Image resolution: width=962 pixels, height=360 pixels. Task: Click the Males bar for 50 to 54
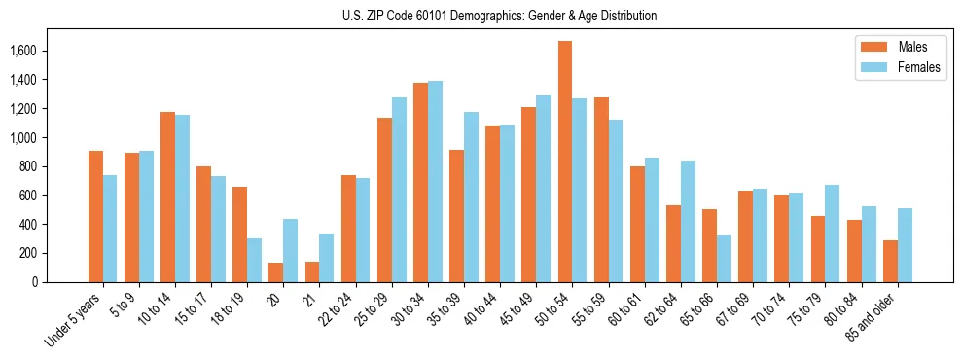coord(565,162)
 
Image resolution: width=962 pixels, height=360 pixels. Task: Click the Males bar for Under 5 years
coord(95,216)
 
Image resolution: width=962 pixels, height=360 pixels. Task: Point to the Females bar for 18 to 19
coord(254,260)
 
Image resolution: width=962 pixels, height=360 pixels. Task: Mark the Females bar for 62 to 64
coord(688,221)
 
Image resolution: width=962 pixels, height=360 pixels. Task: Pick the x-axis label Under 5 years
coord(73,322)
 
